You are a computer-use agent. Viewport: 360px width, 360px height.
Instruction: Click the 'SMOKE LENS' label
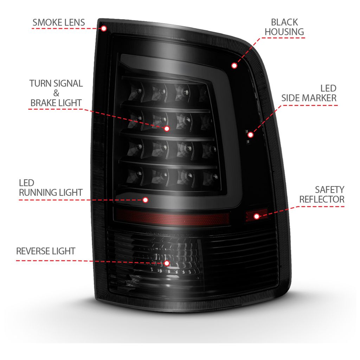coord(59,22)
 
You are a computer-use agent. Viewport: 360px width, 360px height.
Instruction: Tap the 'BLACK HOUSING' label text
coord(284,27)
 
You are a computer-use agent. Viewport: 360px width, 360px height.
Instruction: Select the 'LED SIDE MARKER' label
coord(309,93)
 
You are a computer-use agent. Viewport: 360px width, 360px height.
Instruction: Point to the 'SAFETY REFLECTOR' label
coord(322,194)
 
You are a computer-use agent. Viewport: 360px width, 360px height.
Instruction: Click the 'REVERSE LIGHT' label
coord(46,251)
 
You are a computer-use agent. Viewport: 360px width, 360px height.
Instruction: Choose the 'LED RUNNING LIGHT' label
coord(51,188)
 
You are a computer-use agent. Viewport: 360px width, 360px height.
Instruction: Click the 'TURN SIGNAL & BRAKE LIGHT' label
coord(56,93)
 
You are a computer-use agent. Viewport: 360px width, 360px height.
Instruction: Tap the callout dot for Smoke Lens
coord(104,28)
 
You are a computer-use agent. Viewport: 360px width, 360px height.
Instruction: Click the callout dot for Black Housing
coord(234,66)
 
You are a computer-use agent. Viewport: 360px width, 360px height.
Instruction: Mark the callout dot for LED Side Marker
coord(250,135)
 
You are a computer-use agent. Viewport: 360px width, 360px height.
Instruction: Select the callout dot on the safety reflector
coord(257,216)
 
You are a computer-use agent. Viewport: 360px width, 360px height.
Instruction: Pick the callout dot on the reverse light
coord(167,263)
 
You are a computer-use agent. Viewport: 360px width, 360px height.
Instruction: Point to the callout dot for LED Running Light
coord(145,200)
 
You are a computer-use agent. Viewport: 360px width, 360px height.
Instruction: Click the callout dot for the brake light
coord(167,129)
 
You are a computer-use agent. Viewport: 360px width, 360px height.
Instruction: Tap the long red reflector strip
coord(172,217)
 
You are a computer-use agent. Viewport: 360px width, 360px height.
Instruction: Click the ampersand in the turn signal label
coord(56,93)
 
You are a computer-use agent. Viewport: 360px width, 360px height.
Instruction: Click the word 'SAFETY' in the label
coord(330,189)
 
